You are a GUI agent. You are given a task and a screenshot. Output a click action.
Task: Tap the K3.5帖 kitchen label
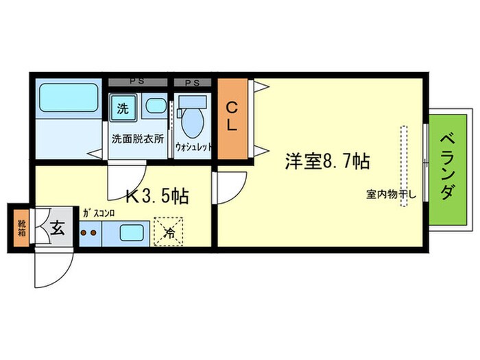[157, 196]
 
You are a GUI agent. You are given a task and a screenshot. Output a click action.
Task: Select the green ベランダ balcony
[447, 164]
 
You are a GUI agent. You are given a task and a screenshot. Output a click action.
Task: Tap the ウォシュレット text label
[194, 147]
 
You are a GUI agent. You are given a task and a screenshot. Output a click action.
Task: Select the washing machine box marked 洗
[123, 108]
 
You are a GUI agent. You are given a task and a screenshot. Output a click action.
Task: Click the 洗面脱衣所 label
[138, 137]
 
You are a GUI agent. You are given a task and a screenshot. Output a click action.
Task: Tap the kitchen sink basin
[133, 232]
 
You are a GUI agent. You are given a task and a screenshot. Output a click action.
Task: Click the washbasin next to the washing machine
[156, 106]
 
